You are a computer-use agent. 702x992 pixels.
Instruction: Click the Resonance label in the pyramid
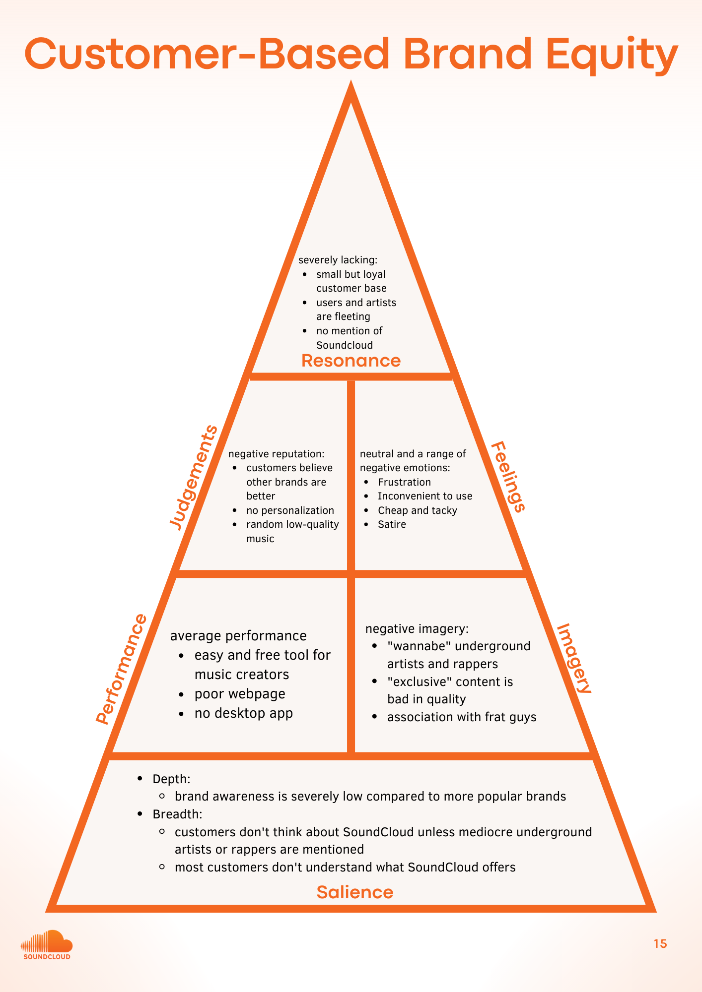click(351, 361)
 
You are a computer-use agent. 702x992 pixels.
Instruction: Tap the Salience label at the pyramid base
click(354, 892)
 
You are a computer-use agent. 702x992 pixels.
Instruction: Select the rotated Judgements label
click(194, 478)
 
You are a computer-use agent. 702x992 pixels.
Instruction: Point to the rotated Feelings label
click(508, 477)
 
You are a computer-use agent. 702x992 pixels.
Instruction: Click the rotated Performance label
click(122, 669)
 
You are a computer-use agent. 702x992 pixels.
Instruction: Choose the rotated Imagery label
click(574, 659)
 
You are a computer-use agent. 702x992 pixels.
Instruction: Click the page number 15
click(660, 944)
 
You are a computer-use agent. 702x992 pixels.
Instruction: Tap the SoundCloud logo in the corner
click(47, 945)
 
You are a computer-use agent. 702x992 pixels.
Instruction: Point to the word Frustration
click(404, 482)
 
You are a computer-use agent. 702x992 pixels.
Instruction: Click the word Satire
click(392, 524)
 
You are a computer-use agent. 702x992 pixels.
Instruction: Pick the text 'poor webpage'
click(240, 694)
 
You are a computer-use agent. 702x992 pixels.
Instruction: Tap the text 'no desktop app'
click(243, 713)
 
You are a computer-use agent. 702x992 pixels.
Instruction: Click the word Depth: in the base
click(171, 779)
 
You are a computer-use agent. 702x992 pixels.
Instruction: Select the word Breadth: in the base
click(177, 814)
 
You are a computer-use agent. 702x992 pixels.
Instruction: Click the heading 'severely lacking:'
click(338, 260)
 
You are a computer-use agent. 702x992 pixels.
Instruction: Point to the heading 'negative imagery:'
click(417, 629)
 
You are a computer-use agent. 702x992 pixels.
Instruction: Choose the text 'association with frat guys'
click(462, 717)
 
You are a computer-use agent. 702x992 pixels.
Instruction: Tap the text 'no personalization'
click(290, 510)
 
